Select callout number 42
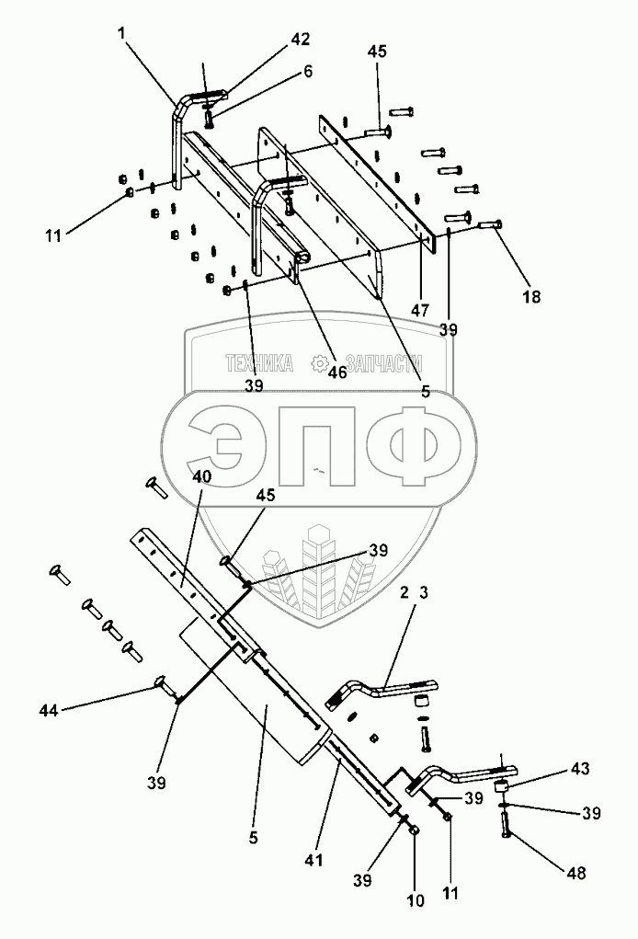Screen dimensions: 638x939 pos(301,40)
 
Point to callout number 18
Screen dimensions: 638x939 pos(531,296)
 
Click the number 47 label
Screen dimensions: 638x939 pos(420,311)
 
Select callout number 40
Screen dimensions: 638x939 pos(202,476)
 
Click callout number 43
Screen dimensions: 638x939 pos(581,767)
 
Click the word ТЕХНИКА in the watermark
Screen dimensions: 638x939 pos(260,364)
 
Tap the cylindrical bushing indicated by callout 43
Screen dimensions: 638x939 pos(502,787)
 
